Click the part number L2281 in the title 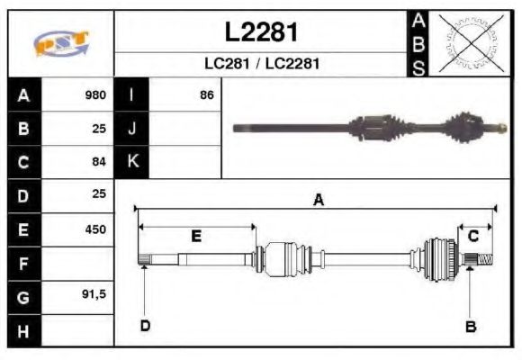click(x=261, y=32)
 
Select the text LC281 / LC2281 click(x=261, y=64)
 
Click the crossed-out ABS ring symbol click(x=467, y=43)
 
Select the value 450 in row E click(x=95, y=229)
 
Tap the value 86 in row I click(x=207, y=94)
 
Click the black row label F click(x=23, y=263)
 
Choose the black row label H click(x=23, y=330)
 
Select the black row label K click(x=131, y=161)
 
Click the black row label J click(x=131, y=128)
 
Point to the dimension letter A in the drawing click(x=318, y=201)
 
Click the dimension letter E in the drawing click(x=195, y=236)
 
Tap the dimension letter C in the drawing click(x=472, y=236)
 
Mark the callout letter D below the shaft click(x=144, y=325)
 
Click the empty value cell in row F click(x=79, y=263)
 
